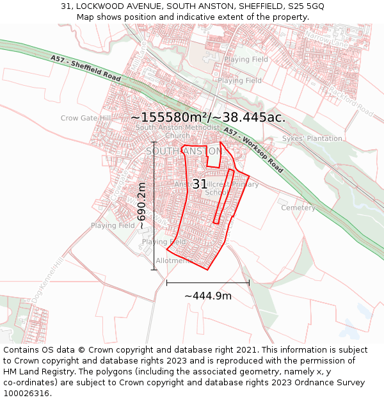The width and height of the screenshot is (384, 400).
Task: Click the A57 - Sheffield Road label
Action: click(x=86, y=68)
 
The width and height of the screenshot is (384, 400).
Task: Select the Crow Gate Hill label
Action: click(x=86, y=118)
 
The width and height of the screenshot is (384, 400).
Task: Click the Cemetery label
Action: click(x=298, y=208)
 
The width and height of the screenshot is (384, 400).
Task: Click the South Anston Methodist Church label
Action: click(x=177, y=131)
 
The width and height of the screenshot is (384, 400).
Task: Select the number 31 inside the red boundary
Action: click(x=200, y=184)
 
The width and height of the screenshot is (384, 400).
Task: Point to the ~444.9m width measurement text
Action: click(x=208, y=296)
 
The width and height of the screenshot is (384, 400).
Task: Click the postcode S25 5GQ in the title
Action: click(x=306, y=6)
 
